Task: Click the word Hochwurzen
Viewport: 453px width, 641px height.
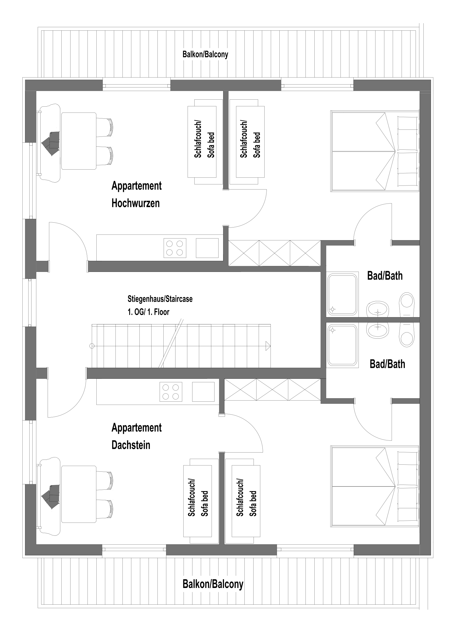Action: pos(136,203)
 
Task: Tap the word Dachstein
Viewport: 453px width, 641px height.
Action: pos(131,445)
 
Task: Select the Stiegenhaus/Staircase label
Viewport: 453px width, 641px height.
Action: pos(160,299)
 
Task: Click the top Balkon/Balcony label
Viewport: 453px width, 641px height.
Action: pos(205,54)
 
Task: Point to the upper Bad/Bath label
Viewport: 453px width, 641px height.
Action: pos(385,276)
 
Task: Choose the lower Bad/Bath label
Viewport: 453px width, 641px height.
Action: pos(387,364)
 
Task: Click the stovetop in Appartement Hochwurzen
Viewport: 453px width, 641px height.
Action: pos(175,248)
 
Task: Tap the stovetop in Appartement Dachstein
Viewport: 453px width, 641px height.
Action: pos(171,392)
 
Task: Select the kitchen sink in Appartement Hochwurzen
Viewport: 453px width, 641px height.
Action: pos(207,248)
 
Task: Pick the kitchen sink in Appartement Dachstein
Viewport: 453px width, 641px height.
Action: pos(203,392)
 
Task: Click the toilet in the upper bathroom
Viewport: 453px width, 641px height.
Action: pos(407,304)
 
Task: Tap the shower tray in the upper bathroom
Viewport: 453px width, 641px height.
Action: pos(342,294)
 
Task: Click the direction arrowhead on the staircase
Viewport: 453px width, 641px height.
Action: pos(268,346)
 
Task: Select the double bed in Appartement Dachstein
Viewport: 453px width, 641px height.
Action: pos(375,486)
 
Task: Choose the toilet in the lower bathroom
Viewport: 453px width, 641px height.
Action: pos(407,335)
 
